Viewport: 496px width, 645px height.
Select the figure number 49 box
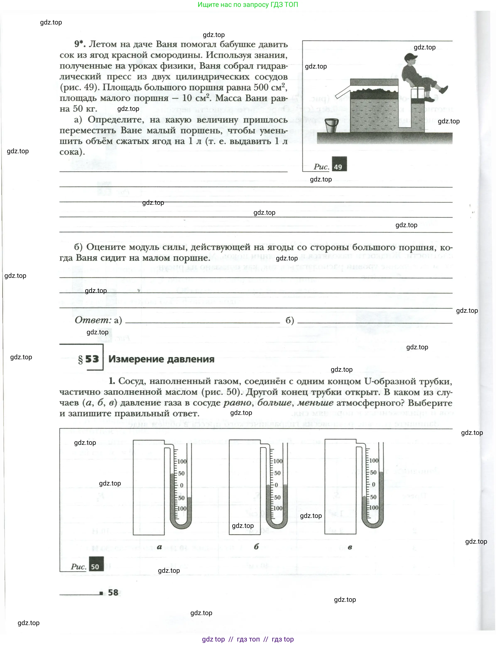pos(339,164)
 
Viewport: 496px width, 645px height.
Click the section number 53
pos(92,359)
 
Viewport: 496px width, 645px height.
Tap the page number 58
pos(113,592)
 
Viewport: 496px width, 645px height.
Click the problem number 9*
pos(80,44)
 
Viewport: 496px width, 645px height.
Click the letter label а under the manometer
pos(159,547)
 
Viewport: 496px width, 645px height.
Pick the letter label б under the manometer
pos(256,547)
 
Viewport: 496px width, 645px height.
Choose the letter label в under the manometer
pos(350,547)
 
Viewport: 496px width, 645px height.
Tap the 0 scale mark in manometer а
pos(182,485)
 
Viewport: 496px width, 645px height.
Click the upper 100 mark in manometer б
pos(278,461)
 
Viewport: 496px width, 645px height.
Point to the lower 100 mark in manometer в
pos(374,507)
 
